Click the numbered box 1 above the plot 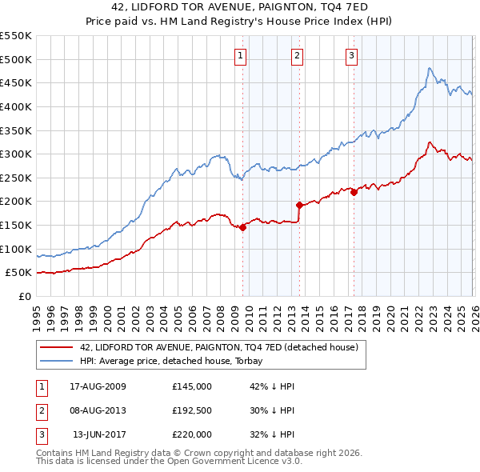pos(240,55)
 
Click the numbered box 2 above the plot pos(297,55)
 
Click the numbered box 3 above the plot pos(351,55)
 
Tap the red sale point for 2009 pos(242,227)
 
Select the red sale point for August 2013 pos(299,205)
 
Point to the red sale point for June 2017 pos(354,192)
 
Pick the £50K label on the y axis pos(19,273)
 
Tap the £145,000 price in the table pos(192,386)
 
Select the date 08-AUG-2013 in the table pos(98,410)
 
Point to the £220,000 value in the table pos(192,434)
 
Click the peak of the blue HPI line pos(430,68)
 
